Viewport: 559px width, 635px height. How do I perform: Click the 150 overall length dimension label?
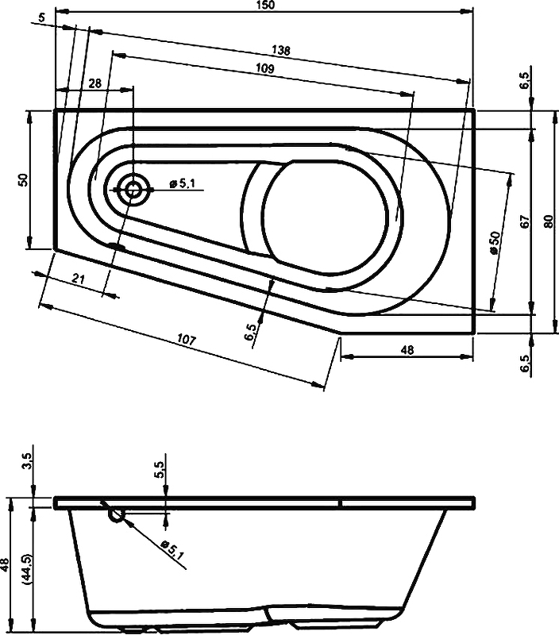(265, 5)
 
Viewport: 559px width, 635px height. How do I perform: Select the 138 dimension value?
(281, 50)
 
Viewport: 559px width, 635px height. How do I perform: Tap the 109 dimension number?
(265, 68)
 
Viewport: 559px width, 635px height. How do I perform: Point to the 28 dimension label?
(94, 83)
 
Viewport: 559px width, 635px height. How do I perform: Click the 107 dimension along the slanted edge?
(187, 340)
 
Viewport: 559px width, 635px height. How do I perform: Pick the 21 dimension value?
(79, 279)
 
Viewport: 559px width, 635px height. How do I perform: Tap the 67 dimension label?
(525, 221)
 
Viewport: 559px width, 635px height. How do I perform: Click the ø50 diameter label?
(495, 243)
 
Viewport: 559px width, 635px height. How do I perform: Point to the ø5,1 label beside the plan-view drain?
(183, 183)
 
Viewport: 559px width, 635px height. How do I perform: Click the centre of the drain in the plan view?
(132, 189)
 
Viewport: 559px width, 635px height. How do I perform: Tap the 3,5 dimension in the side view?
(28, 461)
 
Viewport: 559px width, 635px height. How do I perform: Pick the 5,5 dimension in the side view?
(160, 470)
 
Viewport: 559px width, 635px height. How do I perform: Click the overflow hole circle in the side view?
(116, 515)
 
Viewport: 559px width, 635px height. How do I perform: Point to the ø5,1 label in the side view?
(172, 548)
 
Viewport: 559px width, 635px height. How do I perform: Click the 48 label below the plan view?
(408, 349)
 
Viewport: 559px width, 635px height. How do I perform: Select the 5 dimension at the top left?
(42, 17)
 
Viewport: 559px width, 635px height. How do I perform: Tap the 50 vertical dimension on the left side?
(24, 179)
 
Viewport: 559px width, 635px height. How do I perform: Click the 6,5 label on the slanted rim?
(250, 332)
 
